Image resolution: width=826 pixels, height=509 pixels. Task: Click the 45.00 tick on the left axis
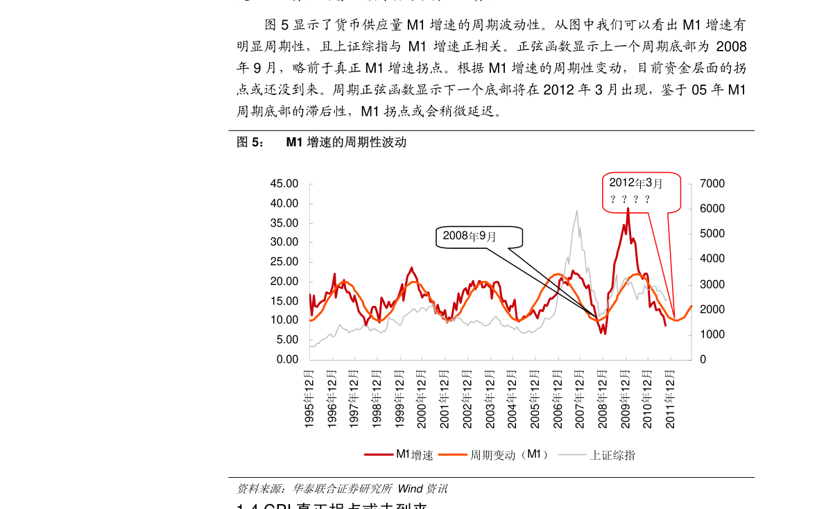(x=284, y=184)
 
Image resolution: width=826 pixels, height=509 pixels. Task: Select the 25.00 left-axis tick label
(x=284, y=262)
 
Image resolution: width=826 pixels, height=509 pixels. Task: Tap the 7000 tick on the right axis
(x=712, y=184)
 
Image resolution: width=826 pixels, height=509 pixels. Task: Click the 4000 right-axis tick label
(x=712, y=259)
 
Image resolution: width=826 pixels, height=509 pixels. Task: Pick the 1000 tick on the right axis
(x=712, y=334)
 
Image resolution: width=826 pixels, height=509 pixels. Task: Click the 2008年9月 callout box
(x=479, y=236)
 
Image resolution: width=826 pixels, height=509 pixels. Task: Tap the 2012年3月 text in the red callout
(x=636, y=183)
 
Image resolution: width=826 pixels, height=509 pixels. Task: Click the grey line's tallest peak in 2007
(x=576, y=210)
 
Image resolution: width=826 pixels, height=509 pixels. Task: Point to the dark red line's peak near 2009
(x=628, y=208)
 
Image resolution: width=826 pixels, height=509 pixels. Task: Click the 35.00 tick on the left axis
(x=284, y=223)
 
